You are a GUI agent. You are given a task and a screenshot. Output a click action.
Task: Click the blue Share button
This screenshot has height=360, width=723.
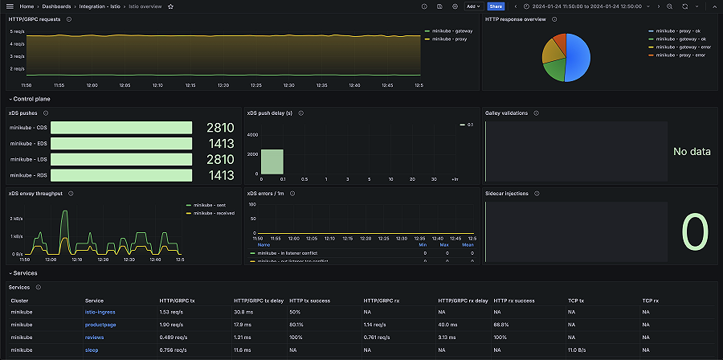coord(496,6)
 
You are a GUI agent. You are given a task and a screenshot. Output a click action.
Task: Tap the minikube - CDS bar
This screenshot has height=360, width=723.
coord(123,128)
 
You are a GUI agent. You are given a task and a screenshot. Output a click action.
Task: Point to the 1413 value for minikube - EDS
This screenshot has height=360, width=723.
coord(219,144)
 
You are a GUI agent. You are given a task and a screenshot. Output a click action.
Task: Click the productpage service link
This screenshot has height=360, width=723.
coord(100,325)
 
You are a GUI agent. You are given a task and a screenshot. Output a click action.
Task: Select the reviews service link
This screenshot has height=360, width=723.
coord(95,337)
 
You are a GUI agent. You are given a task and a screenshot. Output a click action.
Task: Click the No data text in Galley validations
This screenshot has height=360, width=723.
coord(691,151)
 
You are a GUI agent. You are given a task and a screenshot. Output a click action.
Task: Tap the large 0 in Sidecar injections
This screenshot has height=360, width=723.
coord(695,233)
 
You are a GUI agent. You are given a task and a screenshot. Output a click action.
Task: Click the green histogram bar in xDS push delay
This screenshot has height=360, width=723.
coord(272,162)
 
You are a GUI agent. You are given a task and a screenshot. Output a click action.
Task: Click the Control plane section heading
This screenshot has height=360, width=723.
coord(32,98)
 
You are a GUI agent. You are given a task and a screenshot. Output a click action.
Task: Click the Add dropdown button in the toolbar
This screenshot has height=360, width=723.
coord(473,6)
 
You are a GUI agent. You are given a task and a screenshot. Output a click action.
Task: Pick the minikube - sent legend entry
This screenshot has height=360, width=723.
coord(206,206)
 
